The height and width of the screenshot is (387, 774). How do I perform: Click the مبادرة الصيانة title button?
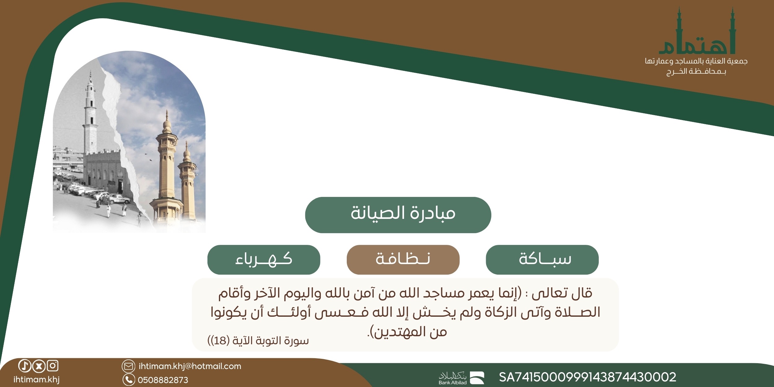click(398, 215)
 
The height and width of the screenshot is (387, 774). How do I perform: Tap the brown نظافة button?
click(403, 259)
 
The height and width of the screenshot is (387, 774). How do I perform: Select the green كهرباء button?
click(264, 259)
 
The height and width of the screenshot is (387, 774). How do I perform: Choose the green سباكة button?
click(542, 259)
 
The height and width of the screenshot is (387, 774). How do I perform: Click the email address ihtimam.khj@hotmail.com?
click(190, 366)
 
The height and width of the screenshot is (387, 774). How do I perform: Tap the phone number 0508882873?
click(163, 380)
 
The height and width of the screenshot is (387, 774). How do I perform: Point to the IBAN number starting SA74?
click(587, 377)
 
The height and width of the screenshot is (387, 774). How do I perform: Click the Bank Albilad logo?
click(461, 378)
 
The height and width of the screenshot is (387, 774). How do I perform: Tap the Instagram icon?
click(53, 366)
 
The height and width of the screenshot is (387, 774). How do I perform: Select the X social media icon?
click(39, 366)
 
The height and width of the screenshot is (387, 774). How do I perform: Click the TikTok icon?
click(25, 366)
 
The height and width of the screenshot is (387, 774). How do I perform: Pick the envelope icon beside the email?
click(128, 366)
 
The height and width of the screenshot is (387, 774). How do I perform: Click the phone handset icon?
click(129, 380)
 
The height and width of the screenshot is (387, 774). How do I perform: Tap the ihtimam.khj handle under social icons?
click(37, 380)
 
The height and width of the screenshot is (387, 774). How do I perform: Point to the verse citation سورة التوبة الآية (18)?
click(258, 341)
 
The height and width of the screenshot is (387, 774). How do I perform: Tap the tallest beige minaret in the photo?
click(167, 164)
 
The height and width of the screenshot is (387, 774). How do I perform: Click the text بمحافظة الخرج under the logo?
click(696, 72)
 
